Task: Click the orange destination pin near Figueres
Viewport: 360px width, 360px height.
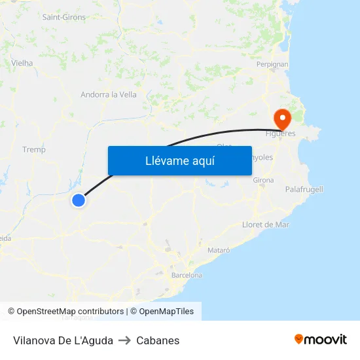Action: coord(283,119)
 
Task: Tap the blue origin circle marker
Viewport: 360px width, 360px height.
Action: coord(79,200)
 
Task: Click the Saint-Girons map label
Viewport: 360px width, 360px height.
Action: coord(64,17)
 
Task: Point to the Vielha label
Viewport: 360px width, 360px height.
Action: coord(22,63)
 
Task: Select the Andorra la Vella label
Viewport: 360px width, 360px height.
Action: coord(109,94)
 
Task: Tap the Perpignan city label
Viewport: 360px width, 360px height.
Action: coord(273,65)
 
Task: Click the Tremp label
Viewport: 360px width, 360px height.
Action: coord(34,150)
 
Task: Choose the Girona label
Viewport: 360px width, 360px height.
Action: coord(263,180)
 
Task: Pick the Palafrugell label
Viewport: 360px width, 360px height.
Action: coord(304,189)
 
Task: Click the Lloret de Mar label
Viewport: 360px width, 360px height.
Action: coord(266,225)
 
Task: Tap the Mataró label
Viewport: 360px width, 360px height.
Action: coord(219,250)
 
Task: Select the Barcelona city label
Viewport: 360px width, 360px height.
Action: coord(187,276)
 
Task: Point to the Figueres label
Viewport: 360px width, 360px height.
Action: coord(280,134)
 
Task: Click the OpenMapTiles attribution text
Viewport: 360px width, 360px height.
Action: coord(166,312)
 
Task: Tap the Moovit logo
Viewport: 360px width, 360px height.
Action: coord(321,339)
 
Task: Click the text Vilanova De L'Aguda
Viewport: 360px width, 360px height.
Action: coord(63,340)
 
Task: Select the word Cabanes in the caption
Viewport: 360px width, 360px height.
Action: coord(158,340)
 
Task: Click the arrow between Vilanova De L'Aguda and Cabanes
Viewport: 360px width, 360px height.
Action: coord(124,340)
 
